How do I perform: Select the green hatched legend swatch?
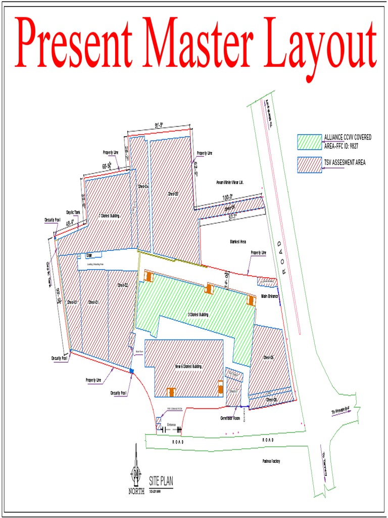(310, 142)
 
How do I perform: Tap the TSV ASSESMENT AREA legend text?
(345, 162)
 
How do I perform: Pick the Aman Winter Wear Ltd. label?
(230, 182)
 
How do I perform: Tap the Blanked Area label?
(237, 242)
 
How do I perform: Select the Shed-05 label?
(173, 194)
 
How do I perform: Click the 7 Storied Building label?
(109, 216)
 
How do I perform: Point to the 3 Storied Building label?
(198, 315)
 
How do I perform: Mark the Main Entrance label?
(270, 296)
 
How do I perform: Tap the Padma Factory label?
(271, 461)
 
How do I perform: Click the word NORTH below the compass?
(136, 491)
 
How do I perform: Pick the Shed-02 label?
(123, 285)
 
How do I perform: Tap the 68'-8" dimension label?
(107, 166)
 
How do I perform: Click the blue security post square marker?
(132, 371)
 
